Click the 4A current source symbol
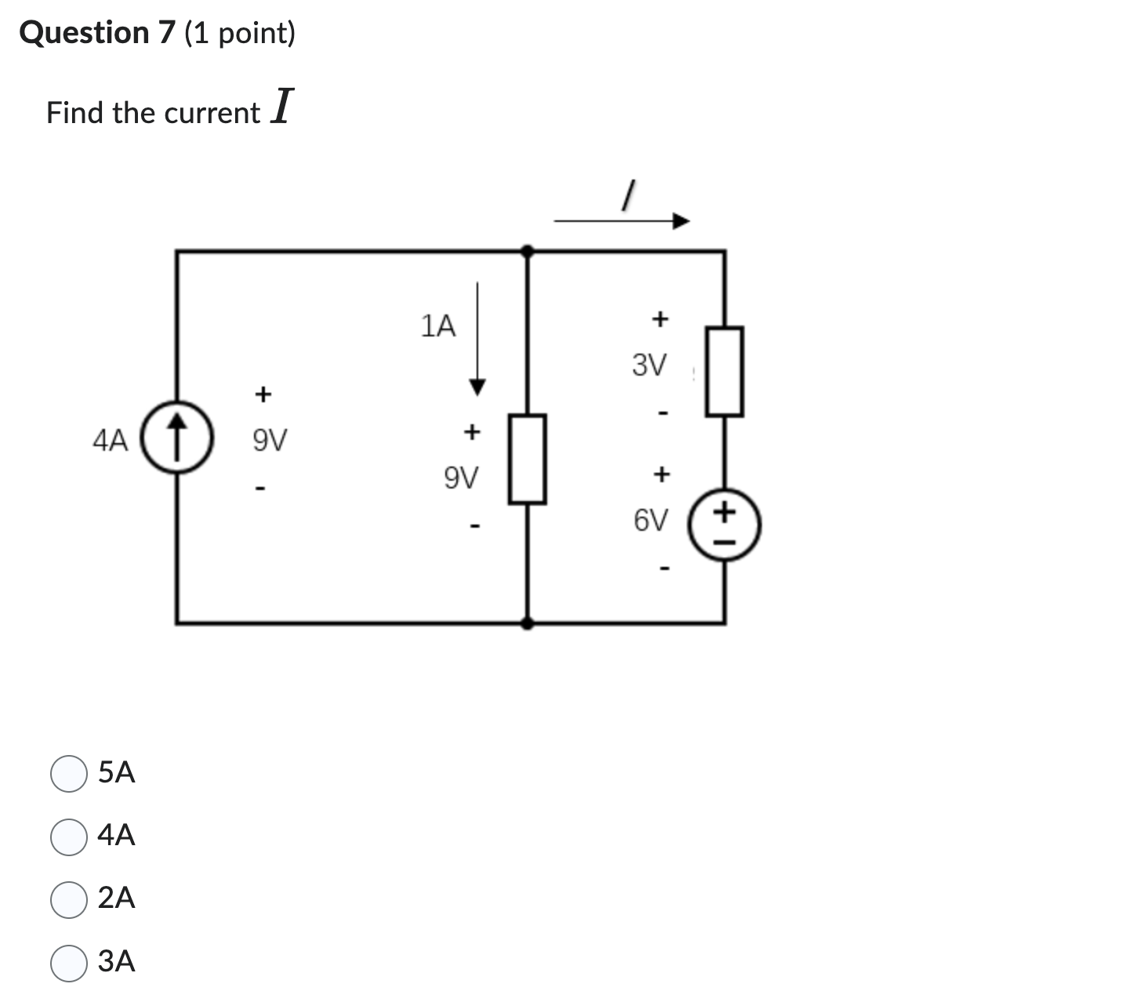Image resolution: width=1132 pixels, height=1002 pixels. click(178, 438)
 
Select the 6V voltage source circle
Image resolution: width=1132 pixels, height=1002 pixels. click(724, 525)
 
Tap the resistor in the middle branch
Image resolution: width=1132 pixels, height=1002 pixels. click(528, 459)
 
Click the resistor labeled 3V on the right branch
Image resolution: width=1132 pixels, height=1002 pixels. click(724, 372)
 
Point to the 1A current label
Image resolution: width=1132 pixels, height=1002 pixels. click(437, 326)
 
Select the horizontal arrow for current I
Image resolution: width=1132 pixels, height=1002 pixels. click(622, 221)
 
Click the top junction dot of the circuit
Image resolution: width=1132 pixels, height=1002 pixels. click(528, 251)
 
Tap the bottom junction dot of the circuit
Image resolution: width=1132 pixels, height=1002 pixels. click(528, 623)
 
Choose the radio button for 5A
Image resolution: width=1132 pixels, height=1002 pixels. click(69, 774)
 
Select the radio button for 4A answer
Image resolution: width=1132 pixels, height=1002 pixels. click(69, 837)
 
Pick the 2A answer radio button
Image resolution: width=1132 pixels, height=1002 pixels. click(69, 899)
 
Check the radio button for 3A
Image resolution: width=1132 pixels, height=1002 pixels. click(69, 963)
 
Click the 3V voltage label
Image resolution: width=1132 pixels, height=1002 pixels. click(649, 365)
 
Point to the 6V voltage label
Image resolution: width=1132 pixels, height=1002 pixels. click(651, 520)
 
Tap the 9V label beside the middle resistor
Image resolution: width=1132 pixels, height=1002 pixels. click(461, 477)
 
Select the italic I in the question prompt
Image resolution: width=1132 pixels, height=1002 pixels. click(281, 108)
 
